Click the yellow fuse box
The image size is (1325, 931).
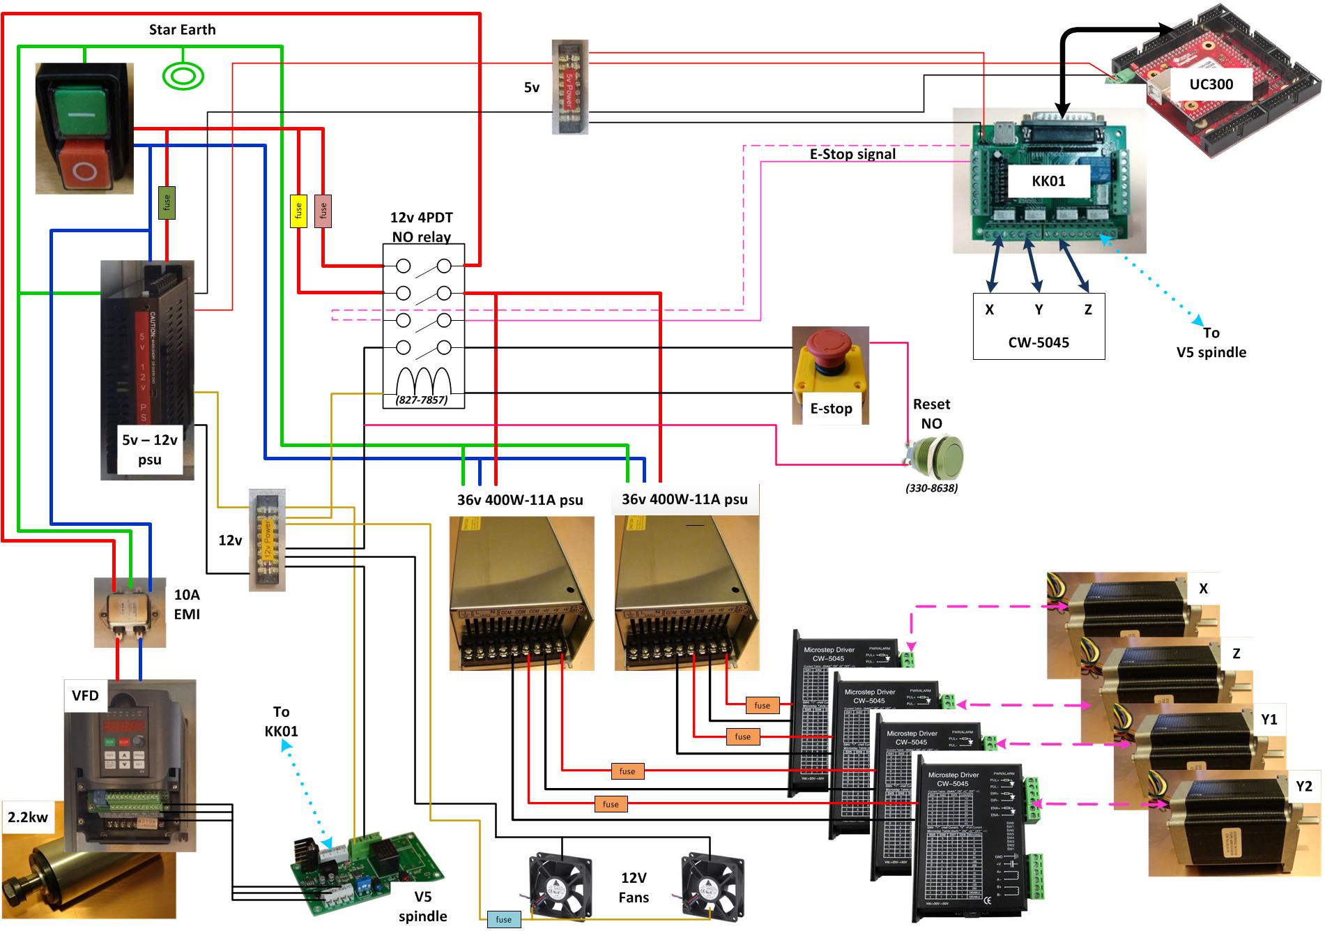tap(298, 211)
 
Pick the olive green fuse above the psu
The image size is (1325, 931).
tap(167, 203)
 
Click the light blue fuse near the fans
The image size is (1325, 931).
tap(503, 919)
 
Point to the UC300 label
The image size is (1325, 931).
tap(1211, 84)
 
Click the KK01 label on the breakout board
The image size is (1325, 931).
tap(1048, 181)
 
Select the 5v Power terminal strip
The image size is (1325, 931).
tap(569, 87)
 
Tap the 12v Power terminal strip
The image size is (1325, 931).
tap(267, 540)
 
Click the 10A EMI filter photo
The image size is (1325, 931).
tap(130, 612)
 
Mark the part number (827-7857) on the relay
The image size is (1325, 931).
tap(422, 400)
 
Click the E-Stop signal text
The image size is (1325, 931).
tap(852, 154)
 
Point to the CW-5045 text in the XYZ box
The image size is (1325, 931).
tap(1038, 342)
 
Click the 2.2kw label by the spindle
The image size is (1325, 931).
tap(28, 817)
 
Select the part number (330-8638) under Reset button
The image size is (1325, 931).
tap(931, 488)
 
